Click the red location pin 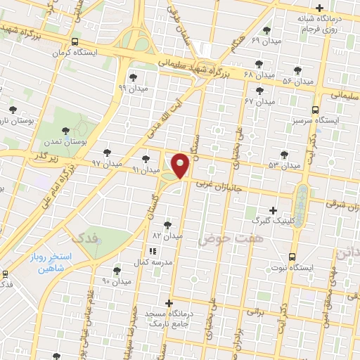pos(181,165)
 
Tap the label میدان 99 pos(131,89)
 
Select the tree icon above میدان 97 pos(108,153)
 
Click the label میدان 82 pos(167,236)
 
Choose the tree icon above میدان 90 pos(117,270)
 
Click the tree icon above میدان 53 pos(284,155)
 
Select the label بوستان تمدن pos(65,142)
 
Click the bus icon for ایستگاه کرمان pos(75,41)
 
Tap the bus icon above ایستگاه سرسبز pos(314,110)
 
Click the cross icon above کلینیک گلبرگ pos(274,210)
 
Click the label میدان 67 pos(259,102)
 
